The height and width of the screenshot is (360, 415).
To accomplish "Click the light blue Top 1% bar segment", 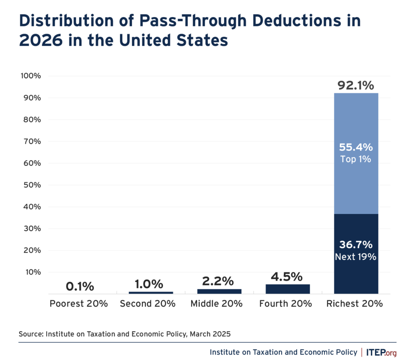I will (x=356, y=122).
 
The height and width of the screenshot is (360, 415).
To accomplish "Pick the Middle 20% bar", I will (x=219, y=291).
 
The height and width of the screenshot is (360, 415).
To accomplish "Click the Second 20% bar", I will (x=151, y=292).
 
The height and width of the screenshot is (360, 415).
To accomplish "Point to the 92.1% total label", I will (x=356, y=86).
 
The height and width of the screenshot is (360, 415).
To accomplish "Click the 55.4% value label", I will (x=356, y=147).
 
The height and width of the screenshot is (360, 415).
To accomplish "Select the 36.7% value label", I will (x=356, y=245).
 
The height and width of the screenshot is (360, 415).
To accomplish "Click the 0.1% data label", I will (x=79, y=287).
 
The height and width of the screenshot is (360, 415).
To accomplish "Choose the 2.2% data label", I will (x=219, y=281).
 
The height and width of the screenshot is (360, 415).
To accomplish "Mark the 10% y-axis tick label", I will (x=31, y=272).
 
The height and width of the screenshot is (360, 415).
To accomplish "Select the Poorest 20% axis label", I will (x=79, y=304).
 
